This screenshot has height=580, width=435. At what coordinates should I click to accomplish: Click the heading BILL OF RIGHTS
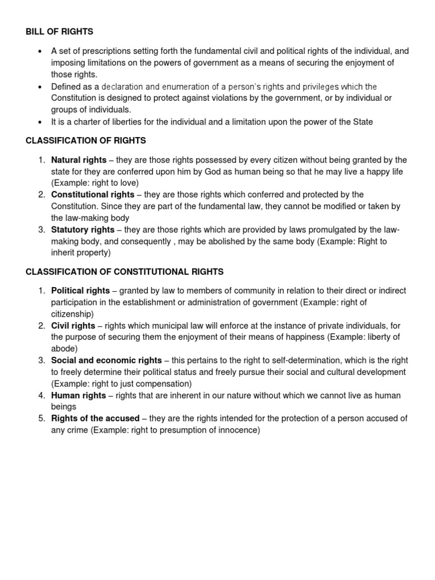click(59, 32)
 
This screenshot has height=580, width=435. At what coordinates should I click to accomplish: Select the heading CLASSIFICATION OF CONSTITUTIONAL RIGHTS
click(125, 272)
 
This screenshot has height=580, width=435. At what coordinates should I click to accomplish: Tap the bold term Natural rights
click(79, 160)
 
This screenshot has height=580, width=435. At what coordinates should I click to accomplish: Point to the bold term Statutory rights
click(83, 229)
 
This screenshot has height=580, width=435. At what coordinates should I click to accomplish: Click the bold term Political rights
click(80, 291)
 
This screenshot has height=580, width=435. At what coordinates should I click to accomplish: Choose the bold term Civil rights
click(73, 326)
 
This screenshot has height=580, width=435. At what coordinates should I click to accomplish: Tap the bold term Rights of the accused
click(95, 419)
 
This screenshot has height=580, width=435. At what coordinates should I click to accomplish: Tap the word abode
click(63, 349)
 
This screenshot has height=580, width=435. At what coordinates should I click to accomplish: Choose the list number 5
click(42, 419)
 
